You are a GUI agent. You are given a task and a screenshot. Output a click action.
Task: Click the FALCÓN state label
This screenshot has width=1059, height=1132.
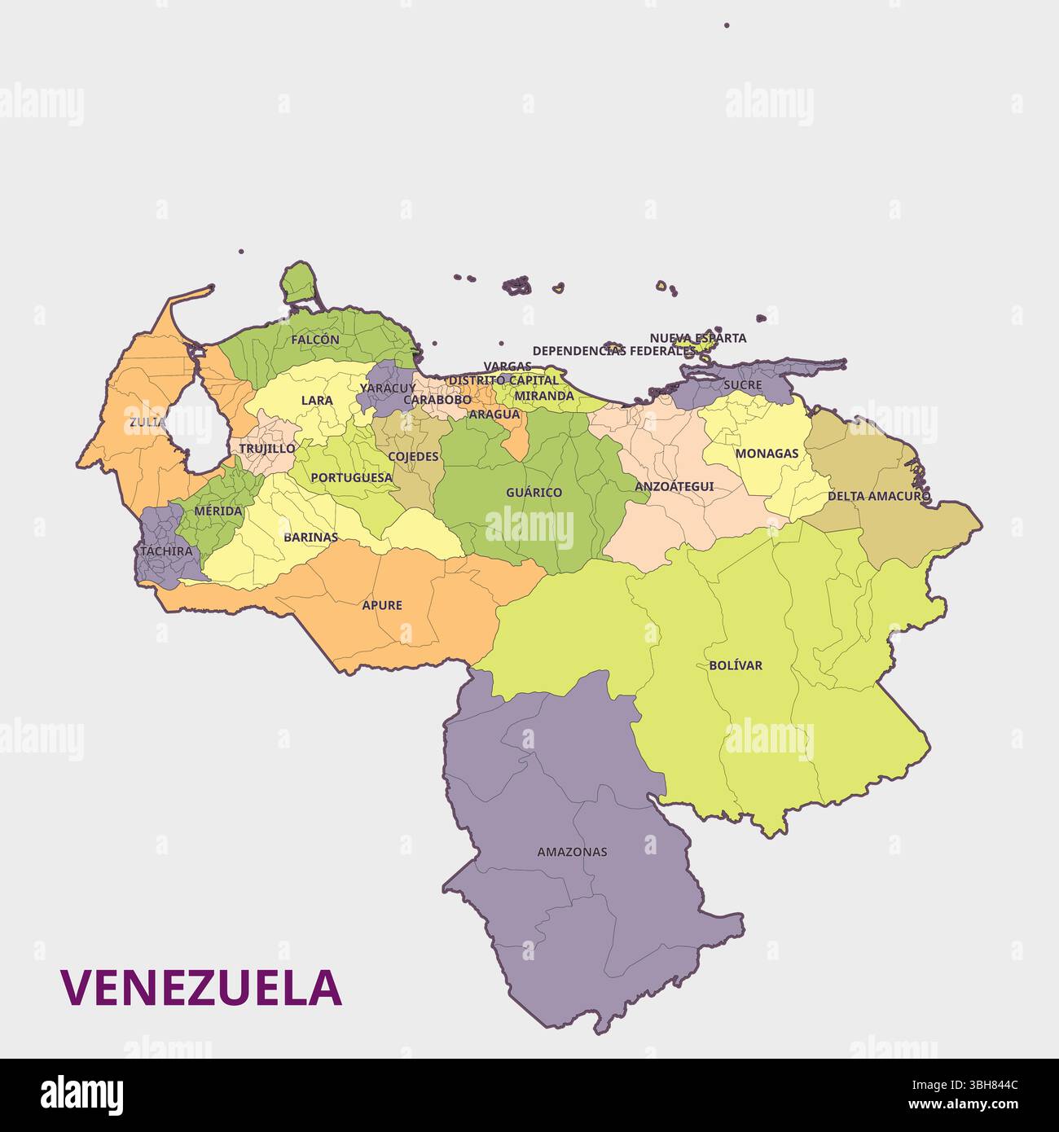click(x=315, y=340)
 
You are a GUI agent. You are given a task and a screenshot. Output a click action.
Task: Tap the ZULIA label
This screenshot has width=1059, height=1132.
click(x=147, y=422)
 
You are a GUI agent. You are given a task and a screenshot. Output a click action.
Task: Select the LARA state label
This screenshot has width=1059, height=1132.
click(x=317, y=401)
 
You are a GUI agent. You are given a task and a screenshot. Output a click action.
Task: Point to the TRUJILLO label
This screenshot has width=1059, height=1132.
click(x=267, y=449)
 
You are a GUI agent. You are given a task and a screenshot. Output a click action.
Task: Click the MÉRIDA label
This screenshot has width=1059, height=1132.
click(x=218, y=511)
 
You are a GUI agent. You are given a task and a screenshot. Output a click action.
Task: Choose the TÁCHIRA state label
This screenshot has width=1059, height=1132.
click(x=166, y=551)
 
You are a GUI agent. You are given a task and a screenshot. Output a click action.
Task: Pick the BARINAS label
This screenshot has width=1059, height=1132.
click(x=310, y=537)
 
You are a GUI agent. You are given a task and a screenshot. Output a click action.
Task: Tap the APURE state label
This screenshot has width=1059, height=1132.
click(x=382, y=605)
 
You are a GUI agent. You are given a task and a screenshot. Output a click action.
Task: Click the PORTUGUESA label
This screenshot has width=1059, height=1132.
click(x=352, y=478)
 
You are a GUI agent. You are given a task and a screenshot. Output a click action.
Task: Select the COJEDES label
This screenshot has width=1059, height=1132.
click(x=413, y=457)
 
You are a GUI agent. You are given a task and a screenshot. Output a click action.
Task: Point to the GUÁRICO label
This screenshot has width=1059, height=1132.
click(x=534, y=493)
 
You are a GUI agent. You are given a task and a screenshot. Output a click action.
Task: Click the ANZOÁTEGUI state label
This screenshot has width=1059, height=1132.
click(x=674, y=486)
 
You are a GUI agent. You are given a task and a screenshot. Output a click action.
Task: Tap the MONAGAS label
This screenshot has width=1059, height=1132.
click(x=767, y=454)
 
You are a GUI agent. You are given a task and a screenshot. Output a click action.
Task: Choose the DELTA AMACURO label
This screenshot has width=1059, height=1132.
click(x=879, y=496)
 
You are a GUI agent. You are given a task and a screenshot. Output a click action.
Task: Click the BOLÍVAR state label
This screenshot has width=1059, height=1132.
click(x=736, y=665)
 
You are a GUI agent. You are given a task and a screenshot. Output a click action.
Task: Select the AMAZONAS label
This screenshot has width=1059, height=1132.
click(x=572, y=853)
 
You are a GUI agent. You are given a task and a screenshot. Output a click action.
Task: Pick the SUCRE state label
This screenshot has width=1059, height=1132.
click(x=743, y=384)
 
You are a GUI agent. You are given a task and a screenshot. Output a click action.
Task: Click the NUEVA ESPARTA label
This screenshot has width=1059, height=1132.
click(x=697, y=338)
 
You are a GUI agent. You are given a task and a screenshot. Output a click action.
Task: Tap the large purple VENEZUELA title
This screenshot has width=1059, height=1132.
click(x=201, y=988)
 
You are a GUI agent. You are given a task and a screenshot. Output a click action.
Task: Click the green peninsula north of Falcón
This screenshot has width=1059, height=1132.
click(x=299, y=284)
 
